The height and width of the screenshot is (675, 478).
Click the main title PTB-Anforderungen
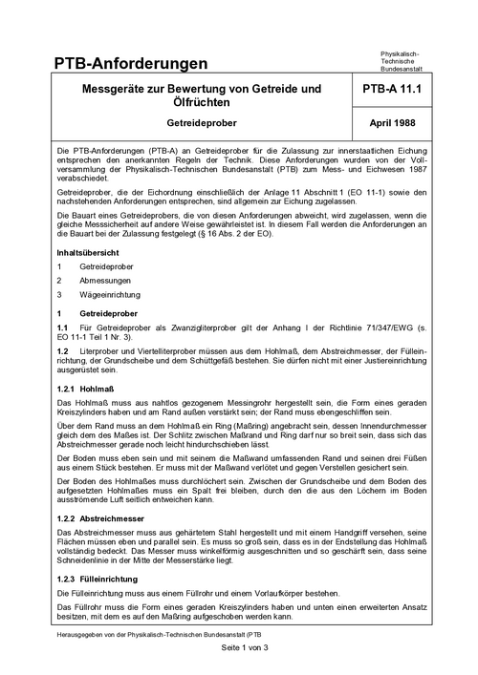[132, 63]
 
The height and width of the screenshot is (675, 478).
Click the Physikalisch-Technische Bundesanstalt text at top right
[405, 62]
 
